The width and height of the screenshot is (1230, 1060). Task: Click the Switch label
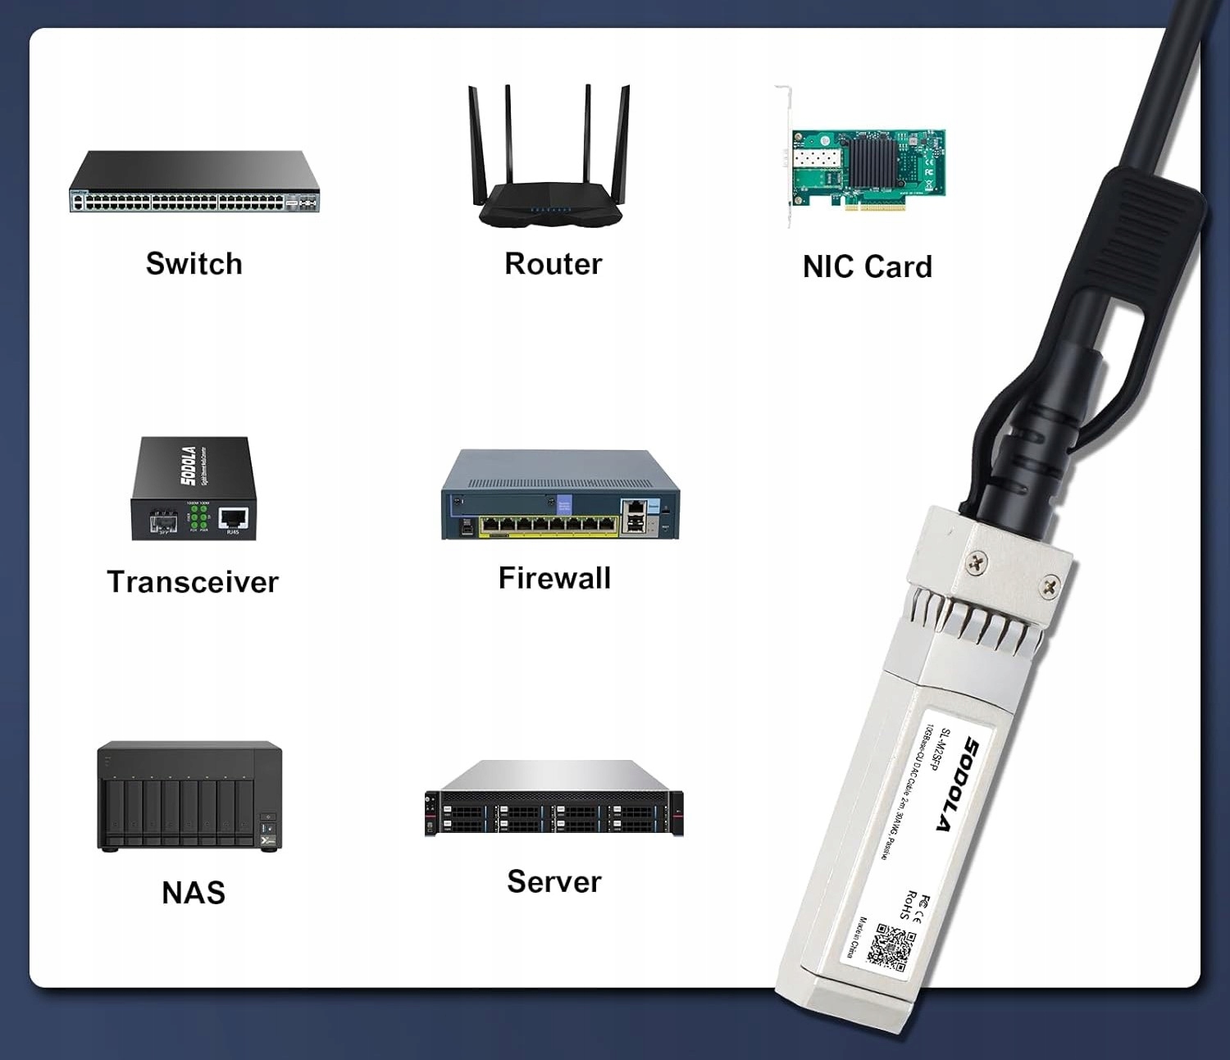pos(194,264)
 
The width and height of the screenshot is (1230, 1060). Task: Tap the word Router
pos(553,264)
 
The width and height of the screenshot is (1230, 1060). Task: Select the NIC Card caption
pos(867,266)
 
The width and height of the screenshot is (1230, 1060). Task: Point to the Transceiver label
pos(193,582)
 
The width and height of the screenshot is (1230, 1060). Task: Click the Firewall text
pos(554,578)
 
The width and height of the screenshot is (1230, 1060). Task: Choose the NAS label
pos(194,892)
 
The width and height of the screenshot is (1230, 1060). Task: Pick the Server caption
pos(553,882)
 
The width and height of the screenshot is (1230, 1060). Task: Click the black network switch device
pos(194,182)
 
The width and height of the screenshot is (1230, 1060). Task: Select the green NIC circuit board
pos(868,168)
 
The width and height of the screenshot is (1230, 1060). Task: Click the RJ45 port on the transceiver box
pos(234,518)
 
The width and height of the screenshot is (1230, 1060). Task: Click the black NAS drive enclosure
pos(189,796)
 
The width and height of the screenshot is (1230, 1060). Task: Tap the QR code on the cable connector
pos(891,946)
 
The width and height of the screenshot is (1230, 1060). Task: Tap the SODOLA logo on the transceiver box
pos(188,466)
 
